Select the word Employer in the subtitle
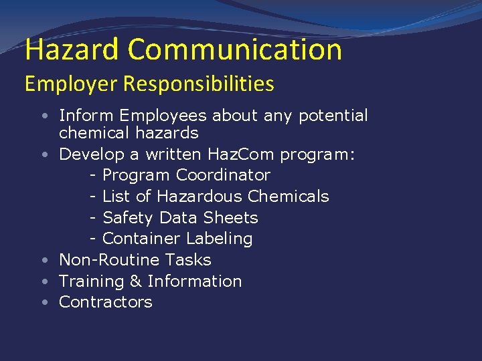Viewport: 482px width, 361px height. pyautogui.click(x=64, y=84)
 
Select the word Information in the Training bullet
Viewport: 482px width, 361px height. pyautogui.click(x=195, y=281)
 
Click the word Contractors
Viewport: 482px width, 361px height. pyautogui.click(x=106, y=302)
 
